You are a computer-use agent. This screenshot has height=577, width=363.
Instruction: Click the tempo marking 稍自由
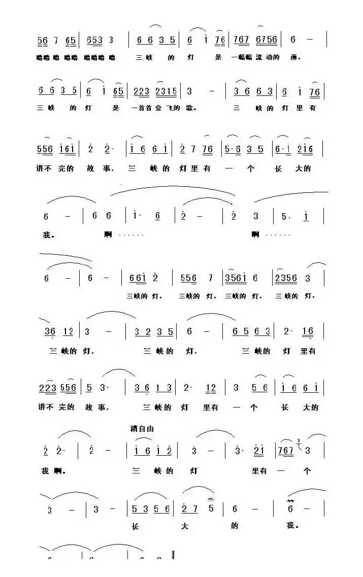click(142, 429)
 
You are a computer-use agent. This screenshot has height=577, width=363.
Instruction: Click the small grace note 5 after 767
click(299, 440)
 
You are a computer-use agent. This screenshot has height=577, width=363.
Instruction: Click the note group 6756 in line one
click(267, 40)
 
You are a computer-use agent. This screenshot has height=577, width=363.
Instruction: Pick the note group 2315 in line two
click(166, 92)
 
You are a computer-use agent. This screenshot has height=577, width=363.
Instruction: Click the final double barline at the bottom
click(173, 556)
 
